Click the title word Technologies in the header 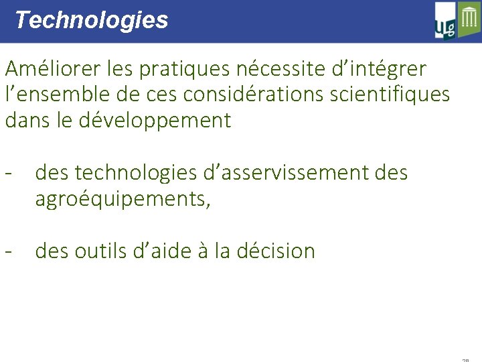[91, 20]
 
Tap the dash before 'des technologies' [9, 173]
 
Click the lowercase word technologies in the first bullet [137, 173]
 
